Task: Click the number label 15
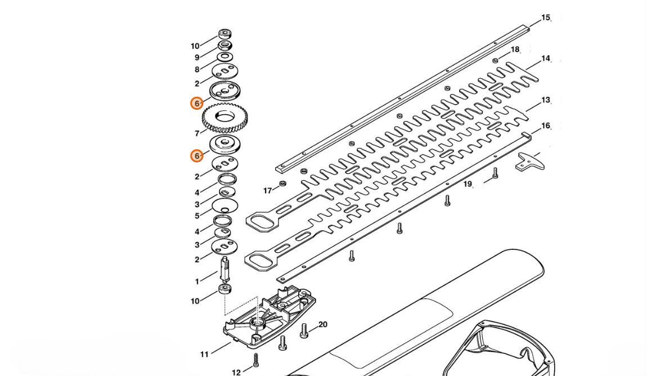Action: (x=546, y=18)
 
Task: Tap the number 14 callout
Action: (x=546, y=59)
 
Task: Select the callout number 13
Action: (x=546, y=100)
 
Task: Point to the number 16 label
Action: (x=546, y=126)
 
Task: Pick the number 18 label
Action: (x=515, y=50)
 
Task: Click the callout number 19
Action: (x=467, y=184)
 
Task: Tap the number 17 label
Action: (x=268, y=191)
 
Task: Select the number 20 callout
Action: (x=323, y=325)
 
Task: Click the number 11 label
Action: (x=205, y=354)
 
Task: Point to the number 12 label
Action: (x=236, y=373)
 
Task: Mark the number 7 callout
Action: (x=197, y=133)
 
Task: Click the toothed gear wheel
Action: (x=225, y=118)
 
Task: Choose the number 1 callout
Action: (x=197, y=281)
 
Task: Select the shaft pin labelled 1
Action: (x=225, y=268)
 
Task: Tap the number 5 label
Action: (x=197, y=216)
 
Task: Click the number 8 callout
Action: (x=197, y=70)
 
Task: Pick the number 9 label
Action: (x=197, y=58)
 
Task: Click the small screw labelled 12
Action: (x=256, y=360)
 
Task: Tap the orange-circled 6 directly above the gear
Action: (x=197, y=103)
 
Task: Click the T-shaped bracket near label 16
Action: (x=530, y=162)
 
